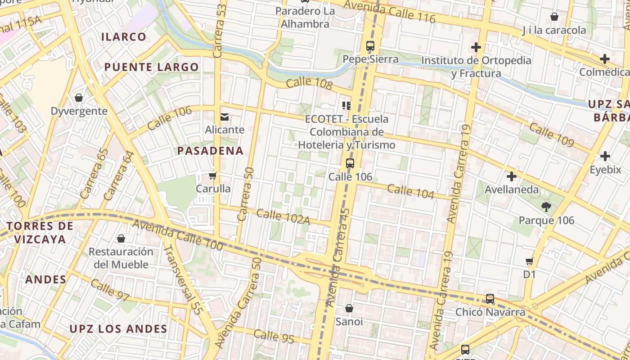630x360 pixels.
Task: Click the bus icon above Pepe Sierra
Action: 370,45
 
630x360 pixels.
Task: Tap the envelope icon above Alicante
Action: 224,117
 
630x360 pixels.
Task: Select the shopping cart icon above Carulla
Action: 213,175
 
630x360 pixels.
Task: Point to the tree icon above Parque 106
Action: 546,207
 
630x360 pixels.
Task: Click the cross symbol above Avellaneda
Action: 511,176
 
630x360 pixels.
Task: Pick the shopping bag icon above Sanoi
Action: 349,308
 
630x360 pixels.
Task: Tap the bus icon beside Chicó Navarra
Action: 490,299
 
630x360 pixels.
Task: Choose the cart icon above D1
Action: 530,261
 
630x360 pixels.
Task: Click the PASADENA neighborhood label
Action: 210,151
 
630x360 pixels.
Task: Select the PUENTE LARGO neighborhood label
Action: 152,67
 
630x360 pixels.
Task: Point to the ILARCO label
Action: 124,37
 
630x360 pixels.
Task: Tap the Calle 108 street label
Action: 309,83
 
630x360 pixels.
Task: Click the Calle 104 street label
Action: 410,191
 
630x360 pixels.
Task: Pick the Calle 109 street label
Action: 551,135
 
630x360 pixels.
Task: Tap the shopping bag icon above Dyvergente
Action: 79,98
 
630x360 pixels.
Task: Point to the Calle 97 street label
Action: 110,290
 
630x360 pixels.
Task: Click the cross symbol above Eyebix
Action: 605,156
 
